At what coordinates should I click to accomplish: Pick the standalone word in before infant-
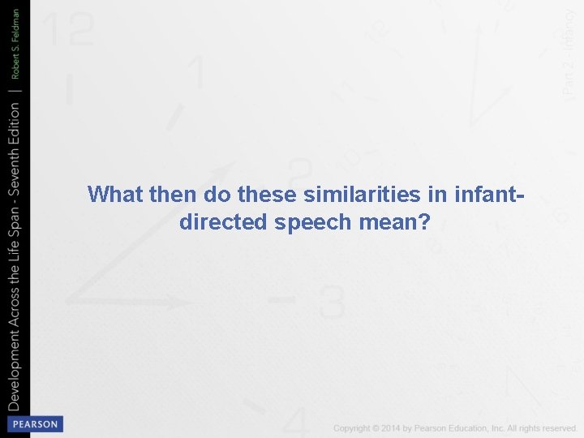(x=422, y=195)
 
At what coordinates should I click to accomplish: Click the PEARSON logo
(x=33, y=424)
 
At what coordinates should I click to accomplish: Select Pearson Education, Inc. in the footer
(x=466, y=428)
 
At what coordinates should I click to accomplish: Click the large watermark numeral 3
(x=331, y=302)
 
